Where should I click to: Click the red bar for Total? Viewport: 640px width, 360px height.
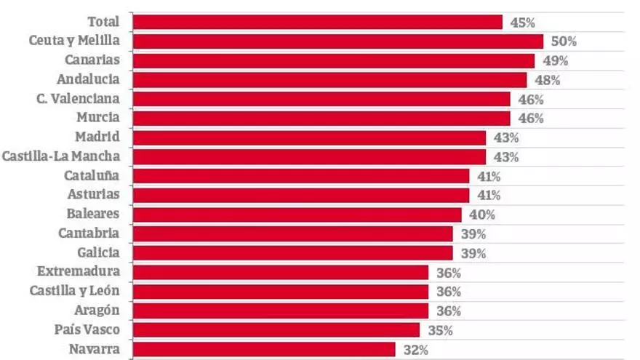317,23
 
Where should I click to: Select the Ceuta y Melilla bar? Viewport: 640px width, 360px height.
337,41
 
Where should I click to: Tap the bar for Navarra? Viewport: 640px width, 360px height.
263,350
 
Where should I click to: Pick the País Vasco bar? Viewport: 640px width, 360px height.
276,330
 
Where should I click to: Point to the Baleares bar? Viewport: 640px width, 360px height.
297,215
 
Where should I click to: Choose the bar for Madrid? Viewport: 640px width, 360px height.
308,137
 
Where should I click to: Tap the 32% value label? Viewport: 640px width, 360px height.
416,350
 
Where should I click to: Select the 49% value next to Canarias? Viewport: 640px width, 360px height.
556,61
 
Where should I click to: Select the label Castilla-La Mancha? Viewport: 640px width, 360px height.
61,156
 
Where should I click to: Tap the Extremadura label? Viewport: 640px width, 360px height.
79,272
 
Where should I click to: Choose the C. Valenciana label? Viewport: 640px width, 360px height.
79,98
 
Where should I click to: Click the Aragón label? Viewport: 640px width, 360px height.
97,311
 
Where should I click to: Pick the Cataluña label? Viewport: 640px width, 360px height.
92,175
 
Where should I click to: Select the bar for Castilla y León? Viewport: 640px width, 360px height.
280,292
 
